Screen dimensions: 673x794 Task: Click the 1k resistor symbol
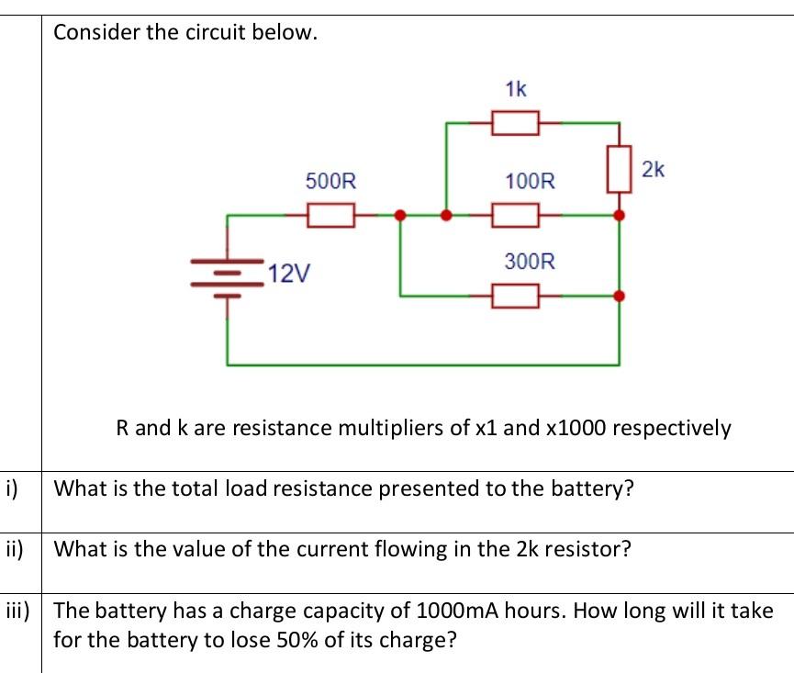[515, 122]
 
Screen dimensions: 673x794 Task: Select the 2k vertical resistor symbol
[620, 168]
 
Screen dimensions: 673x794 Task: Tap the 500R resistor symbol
[330, 216]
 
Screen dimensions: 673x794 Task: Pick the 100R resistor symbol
[515, 216]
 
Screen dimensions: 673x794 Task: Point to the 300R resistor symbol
[515, 296]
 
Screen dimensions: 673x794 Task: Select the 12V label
[291, 273]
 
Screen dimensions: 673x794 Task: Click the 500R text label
[330, 181]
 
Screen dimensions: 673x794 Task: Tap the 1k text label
[516, 89]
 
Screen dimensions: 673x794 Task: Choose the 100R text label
[530, 181]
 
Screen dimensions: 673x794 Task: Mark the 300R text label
[530, 262]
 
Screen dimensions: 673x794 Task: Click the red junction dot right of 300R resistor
[620, 296]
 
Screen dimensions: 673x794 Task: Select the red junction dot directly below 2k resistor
[620, 216]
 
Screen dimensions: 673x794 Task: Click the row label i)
[12, 488]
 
